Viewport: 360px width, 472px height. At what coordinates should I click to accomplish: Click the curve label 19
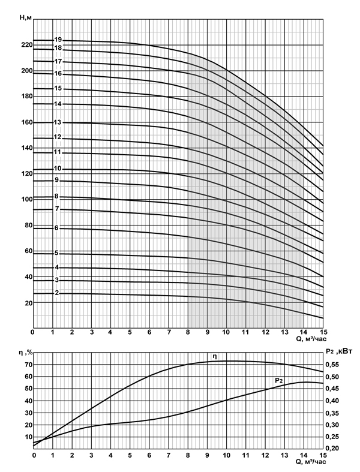click(58, 40)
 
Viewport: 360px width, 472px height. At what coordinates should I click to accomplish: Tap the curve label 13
click(58, 122)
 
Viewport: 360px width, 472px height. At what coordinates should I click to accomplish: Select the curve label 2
click(57, 293)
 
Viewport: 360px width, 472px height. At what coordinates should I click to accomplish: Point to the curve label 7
click(57, 209)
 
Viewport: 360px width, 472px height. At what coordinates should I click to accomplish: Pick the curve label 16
click(58, 73)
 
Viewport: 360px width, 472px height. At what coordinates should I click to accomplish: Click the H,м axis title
click(25, 18)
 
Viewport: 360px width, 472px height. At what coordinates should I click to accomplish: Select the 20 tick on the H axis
click(28, 303)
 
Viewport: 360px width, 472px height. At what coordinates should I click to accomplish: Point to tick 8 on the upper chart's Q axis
click(188, 332)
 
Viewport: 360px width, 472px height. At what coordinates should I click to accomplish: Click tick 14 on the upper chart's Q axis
click(304, 332)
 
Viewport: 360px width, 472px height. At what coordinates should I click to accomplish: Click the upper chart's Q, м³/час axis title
click(311, 339)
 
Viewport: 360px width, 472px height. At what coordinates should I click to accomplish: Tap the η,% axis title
click(26, 352)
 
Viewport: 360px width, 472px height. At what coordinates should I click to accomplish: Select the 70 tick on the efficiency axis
click(28, 365)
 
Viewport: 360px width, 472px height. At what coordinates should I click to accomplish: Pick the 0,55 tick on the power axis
click(332, 365)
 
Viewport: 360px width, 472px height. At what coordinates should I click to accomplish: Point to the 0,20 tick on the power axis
click(332, 449)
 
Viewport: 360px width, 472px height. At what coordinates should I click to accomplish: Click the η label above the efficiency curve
click(214, 357)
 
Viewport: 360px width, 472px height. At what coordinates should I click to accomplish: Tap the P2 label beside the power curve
click(279, 381)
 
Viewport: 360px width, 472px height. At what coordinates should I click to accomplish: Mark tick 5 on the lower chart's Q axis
click(130, 455)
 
